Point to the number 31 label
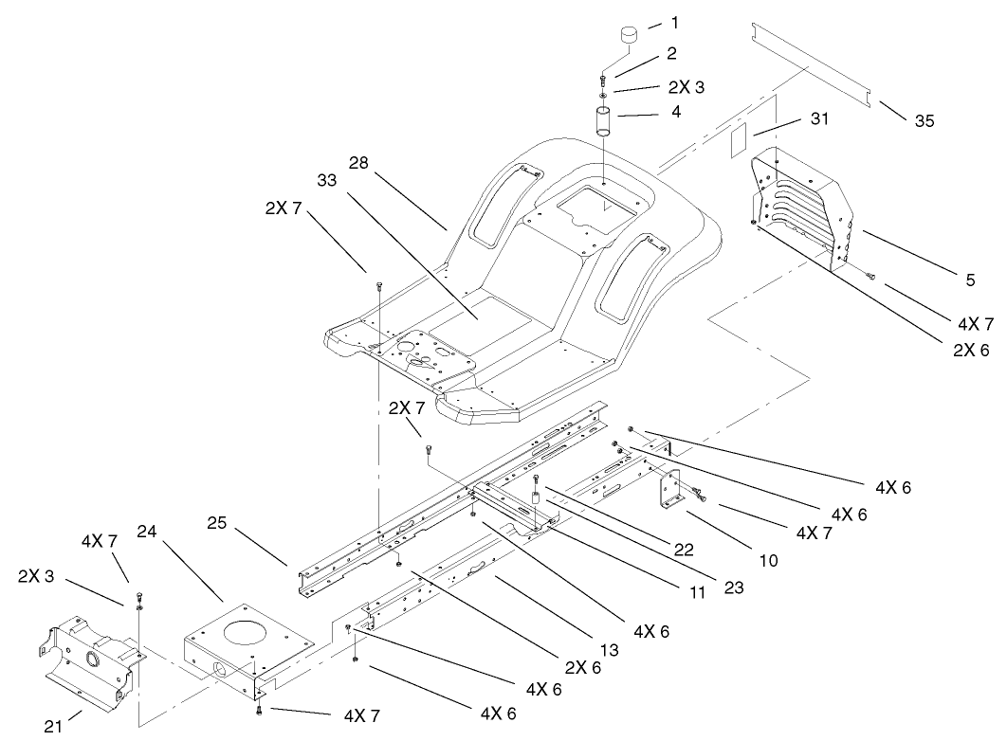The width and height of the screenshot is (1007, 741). (x=821, y=118)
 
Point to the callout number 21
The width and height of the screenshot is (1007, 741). (x=54, y=727)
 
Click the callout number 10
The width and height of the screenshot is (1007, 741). (x=768, y=560)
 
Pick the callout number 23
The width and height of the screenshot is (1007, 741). (x=733, y=587)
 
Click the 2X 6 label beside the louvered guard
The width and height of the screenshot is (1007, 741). (x=971, y=350)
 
